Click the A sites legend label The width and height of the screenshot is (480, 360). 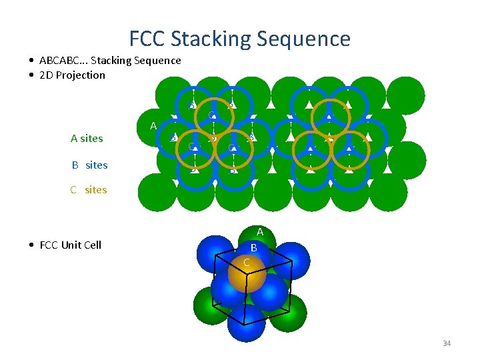tap(87, 139)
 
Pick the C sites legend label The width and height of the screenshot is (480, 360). tap(89, 189)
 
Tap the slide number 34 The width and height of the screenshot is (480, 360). tap(446, 343)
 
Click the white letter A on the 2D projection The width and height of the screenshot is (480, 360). tap(153, 125)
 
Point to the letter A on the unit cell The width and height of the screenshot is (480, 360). tap(260, 232)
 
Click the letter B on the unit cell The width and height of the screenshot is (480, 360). tap(254, 247)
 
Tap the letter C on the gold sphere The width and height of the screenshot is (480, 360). tap(247, 262)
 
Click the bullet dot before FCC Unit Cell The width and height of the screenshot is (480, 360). tap(32, 245)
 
